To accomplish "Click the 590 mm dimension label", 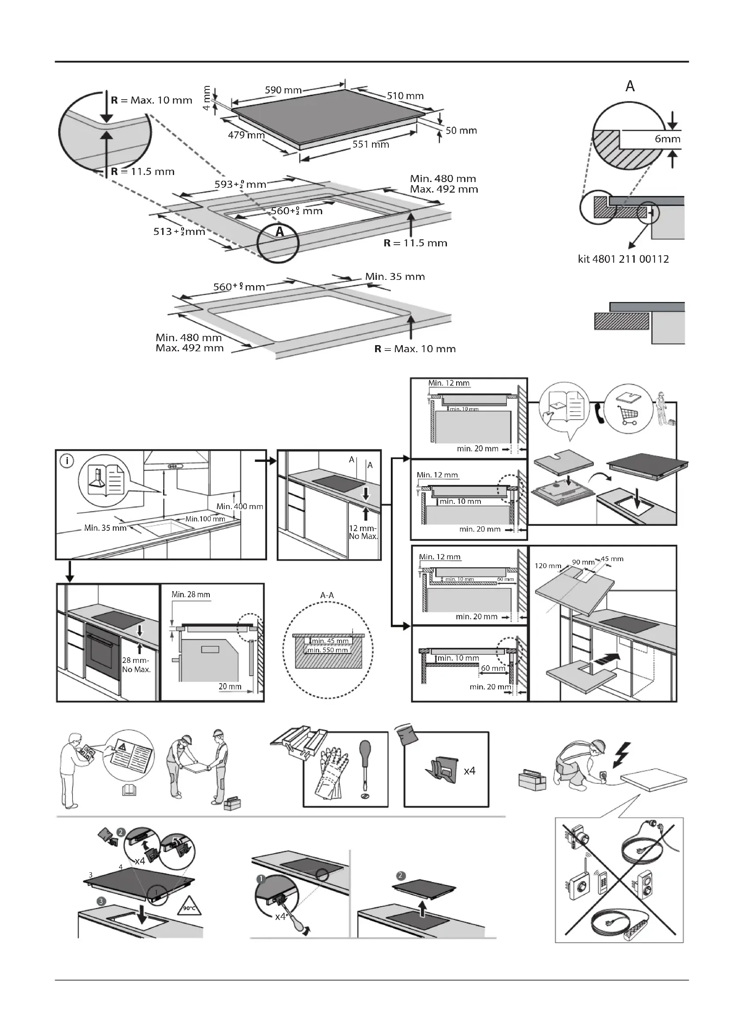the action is click(283, 90).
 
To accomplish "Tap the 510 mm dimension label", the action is click(405, 96).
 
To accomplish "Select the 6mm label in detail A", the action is click(667, 139).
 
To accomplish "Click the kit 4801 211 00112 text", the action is click(623, 259).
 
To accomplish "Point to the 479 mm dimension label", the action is click(246, 135).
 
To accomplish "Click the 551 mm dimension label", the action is click(370, 144).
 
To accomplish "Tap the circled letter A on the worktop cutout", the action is click(279, 232).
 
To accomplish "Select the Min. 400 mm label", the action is click(240, 506).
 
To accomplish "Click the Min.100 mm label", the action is click(205, 519).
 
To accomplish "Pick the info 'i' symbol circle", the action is click(67, 461).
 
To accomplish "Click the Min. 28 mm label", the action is click(190, 595).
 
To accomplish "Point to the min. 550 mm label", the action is click(327, 650).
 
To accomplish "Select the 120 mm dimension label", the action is click(548, 566).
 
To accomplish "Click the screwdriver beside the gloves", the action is click(364, 768).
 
